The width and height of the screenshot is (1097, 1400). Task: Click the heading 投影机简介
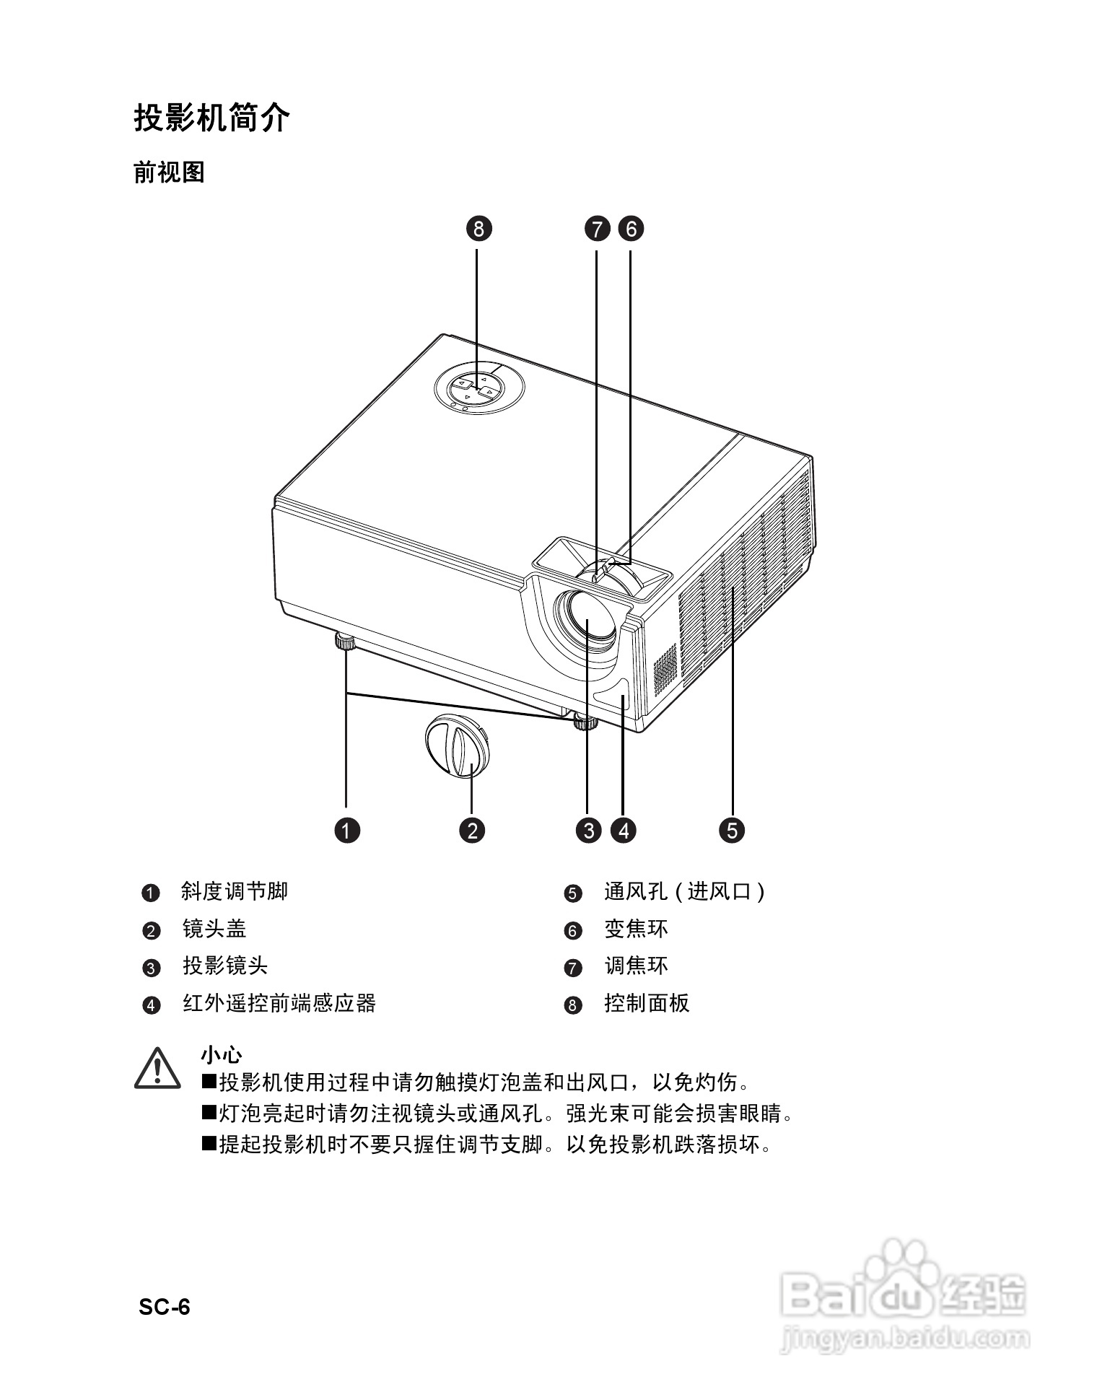[x=211, y=117]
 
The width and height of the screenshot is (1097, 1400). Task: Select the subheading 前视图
[x=170, y=172]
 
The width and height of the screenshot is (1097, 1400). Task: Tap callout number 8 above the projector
[x=478, y=229]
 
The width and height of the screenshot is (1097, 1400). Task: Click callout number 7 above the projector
[x=597, y=229]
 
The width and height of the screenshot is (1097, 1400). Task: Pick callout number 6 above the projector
[x=631, y=229]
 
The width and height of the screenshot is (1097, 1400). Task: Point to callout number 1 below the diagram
[x=347, y=830]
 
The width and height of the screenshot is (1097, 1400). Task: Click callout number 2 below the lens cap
[x=472, y=830]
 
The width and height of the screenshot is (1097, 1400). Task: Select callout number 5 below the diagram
[x=732, y=830]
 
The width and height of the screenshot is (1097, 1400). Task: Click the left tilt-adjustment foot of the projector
[x=344, y=642]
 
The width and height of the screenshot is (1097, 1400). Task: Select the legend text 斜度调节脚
[x=235, y=891]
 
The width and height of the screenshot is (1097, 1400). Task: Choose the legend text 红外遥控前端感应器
[x=279, y=1003]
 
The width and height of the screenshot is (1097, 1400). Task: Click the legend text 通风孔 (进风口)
[x=684, y=891]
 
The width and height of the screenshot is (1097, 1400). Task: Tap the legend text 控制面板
[x=647, y=1003]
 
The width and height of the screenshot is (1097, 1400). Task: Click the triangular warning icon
[x=157, y=1069]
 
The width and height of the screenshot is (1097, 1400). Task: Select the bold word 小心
[x=222, y=1054]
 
